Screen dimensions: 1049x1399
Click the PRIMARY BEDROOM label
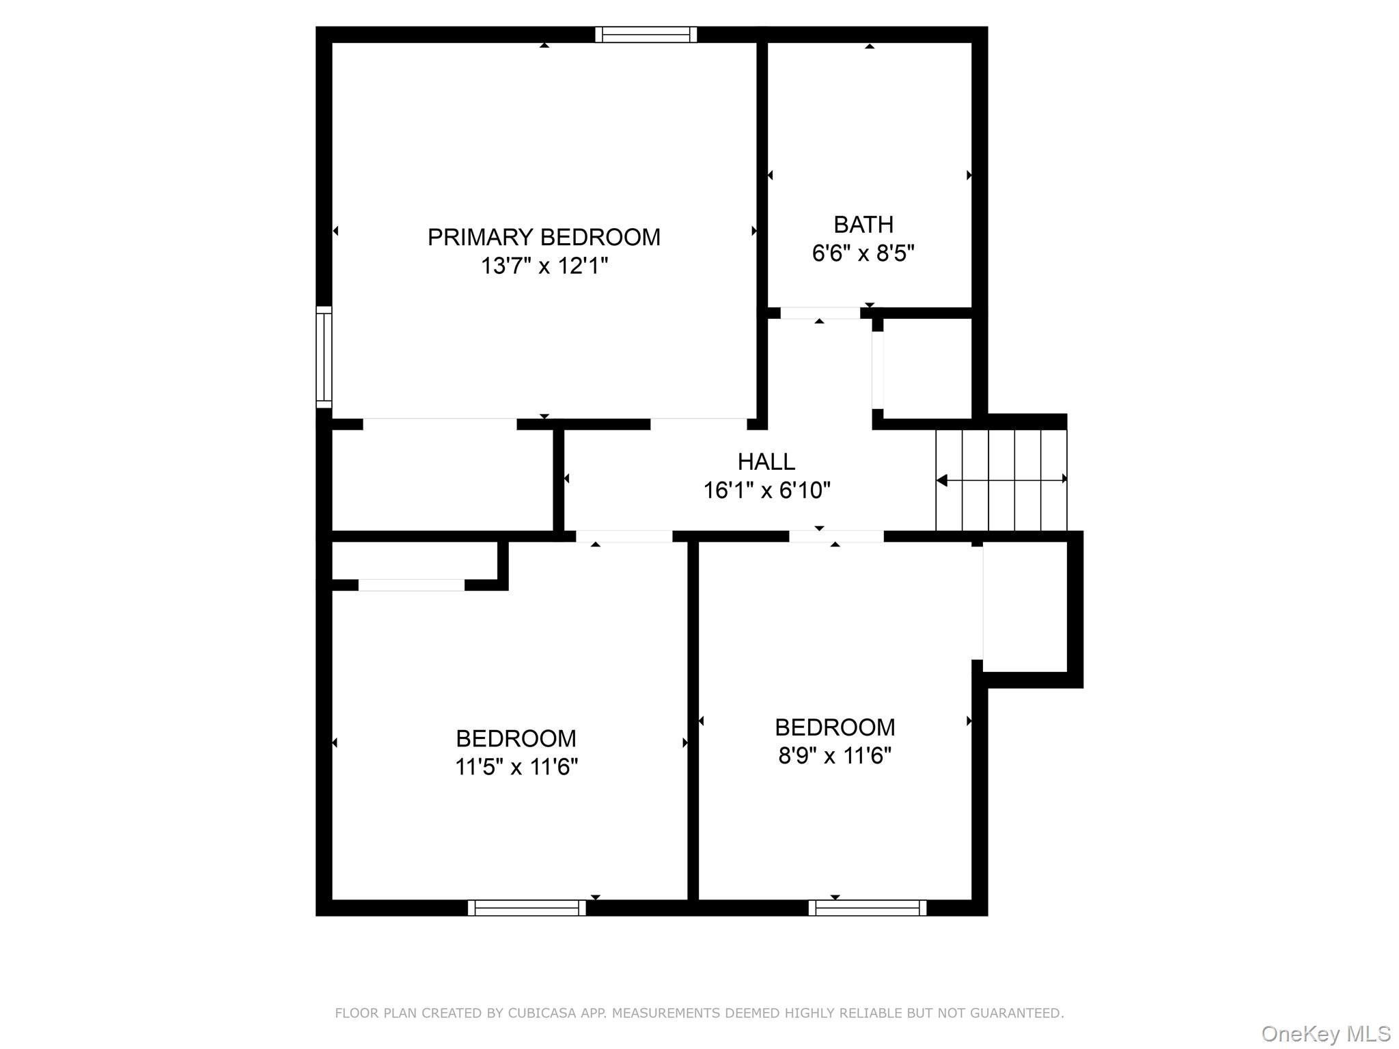tap(544, 237)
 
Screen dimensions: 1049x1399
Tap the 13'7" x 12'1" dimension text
tap(544, 266)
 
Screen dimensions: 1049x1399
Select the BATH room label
tap(863, 225)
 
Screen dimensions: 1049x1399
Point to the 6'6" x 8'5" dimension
tap(863, 253)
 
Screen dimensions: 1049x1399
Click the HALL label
tap(766, 462)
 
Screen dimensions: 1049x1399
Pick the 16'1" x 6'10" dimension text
tap(766, 490)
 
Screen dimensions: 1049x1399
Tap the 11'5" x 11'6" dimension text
tap(516, 767)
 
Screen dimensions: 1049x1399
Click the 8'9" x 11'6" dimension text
tap(835, 756)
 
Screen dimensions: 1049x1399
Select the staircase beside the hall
tap(1001, 480)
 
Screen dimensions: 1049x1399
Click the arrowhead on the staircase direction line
tap(942, 481)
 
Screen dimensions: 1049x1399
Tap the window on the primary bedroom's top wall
tap(646, 35)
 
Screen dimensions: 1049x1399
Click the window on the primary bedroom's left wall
tap(324, 357)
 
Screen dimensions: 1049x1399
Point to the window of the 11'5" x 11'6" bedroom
tap(527, 908)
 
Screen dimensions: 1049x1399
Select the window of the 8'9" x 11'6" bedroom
tap(868, 908)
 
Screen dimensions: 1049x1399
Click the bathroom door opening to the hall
tap(820, 313)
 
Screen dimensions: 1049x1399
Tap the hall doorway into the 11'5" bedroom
tap(624, 537)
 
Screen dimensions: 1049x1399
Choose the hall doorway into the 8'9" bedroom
tap(836, 537)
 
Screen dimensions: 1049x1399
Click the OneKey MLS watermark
tap(1325, 1034)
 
